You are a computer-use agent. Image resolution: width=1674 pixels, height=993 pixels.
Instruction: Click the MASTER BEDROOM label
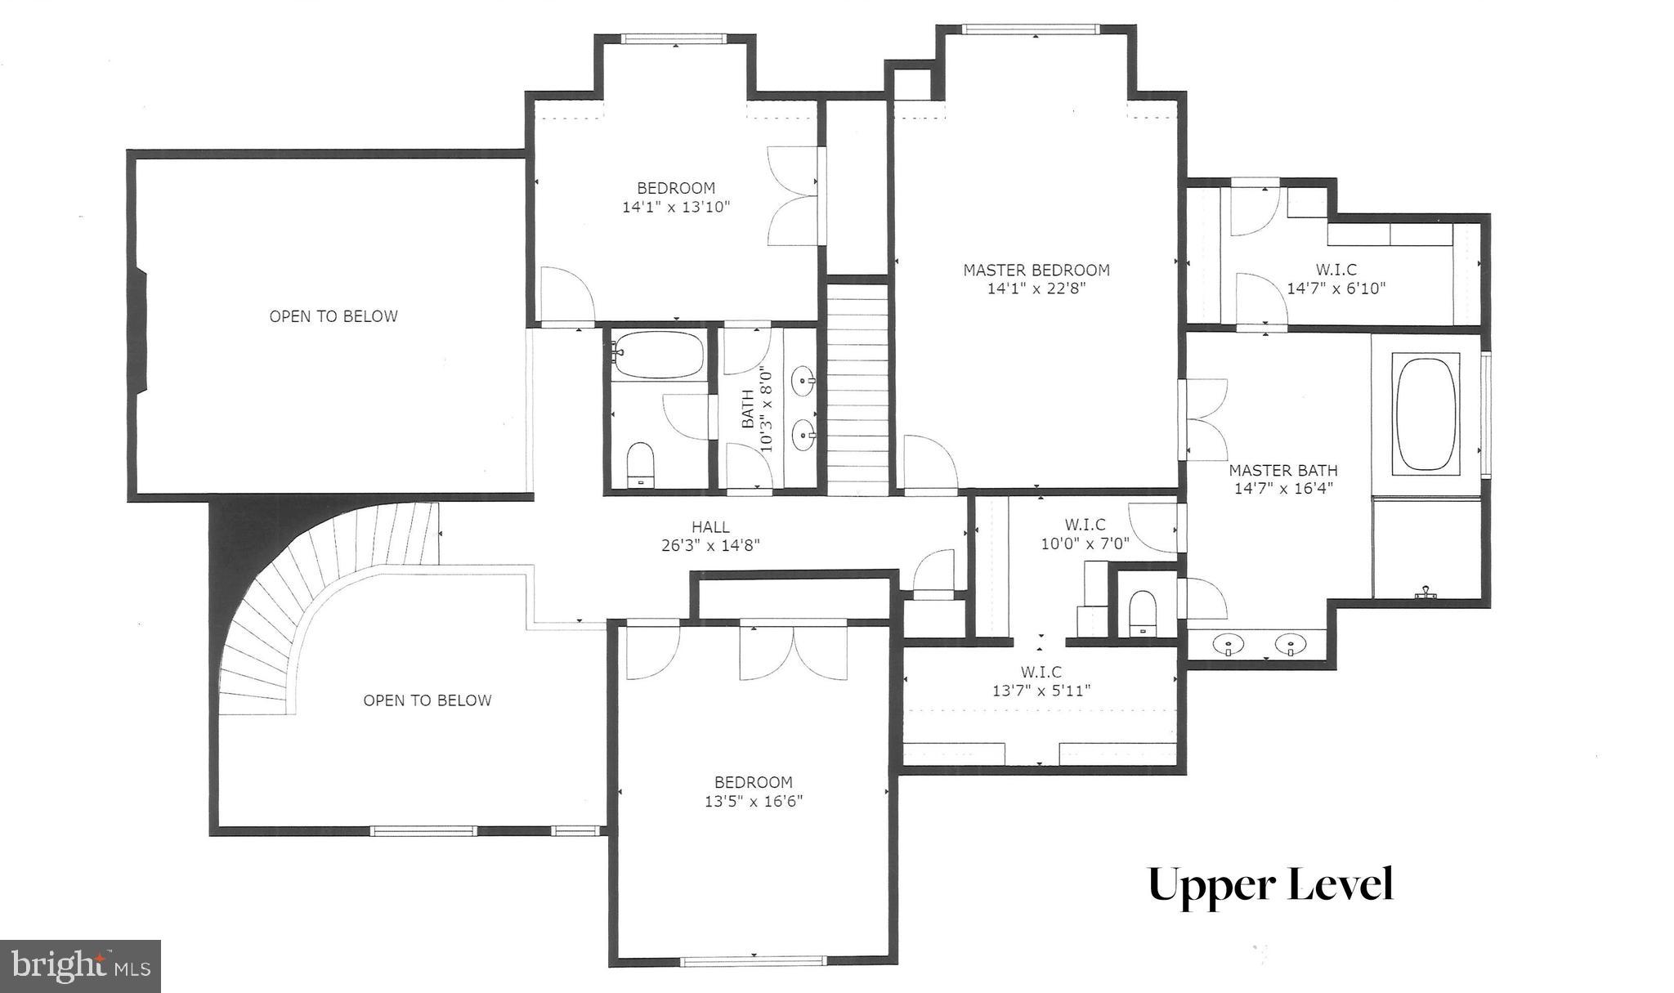tap(1036, 270)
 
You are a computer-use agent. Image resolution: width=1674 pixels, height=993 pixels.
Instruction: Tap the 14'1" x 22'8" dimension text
tap(1036, 289)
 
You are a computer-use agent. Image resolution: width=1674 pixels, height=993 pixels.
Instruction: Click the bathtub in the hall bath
tap(658, 355)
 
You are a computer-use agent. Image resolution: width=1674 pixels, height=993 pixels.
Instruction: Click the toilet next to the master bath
tap(1142, 612)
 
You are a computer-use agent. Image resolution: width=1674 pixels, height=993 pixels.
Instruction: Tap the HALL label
tap(709, 527)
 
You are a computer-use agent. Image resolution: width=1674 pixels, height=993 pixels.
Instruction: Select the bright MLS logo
tap(80, 966)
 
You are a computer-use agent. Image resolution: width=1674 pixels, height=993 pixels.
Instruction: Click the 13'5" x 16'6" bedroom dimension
tap(753, 802)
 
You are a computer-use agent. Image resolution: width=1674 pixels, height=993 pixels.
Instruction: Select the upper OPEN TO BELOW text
tap(333, 316)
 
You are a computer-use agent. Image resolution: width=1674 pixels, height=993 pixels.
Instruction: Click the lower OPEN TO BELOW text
tap(427, 700)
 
